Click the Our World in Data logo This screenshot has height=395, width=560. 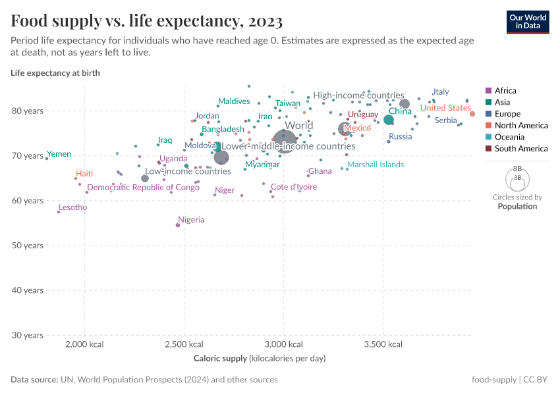point(528,21)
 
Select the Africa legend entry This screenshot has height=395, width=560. point(505,91)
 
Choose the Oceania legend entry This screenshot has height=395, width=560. point(509,137)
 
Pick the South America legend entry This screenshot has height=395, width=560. point(520,149)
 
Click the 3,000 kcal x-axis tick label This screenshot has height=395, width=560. point(283,344)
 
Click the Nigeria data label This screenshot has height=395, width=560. point(191,220)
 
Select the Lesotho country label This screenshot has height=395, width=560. point(72,207)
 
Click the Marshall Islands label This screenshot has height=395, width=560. point(376,165)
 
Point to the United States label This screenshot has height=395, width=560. point(445,108)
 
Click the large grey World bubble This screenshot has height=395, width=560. point(284,140)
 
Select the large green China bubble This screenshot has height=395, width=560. point(389,120)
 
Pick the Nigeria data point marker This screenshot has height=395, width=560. point(178,225)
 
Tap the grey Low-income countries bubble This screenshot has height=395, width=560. point(145,178)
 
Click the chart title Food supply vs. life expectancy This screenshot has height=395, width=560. point(147,21)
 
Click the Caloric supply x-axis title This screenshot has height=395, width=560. point(260,359)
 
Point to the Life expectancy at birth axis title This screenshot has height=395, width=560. point(55,73)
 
